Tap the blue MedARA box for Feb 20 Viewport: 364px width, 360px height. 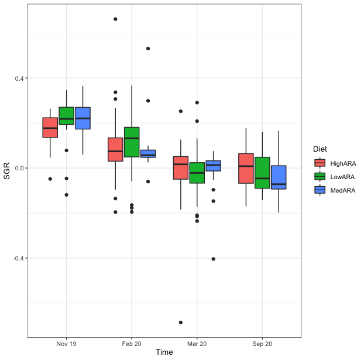[x=148, y=154]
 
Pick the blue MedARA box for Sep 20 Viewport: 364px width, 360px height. [x=279, y=177]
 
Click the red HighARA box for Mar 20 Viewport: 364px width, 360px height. [x=181, y=167]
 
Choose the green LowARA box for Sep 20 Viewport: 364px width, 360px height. [x=262, y=173]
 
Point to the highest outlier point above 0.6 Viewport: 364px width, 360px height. [x=115, y=19]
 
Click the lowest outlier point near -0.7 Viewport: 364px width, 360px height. [x=181, y=323]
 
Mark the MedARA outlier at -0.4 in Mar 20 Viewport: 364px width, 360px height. [x=213, y=259]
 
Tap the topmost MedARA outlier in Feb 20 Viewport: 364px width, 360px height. [x=148, y=48]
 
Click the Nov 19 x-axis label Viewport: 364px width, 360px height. [x=67, y=344]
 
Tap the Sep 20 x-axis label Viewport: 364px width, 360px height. [x=262, y=344]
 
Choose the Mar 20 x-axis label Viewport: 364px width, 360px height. [x=197, y=344]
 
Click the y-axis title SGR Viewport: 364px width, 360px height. [x=7, y=173]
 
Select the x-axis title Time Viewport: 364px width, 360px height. [x=164, y=352]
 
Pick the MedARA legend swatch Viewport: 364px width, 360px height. [x=320, y=190]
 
